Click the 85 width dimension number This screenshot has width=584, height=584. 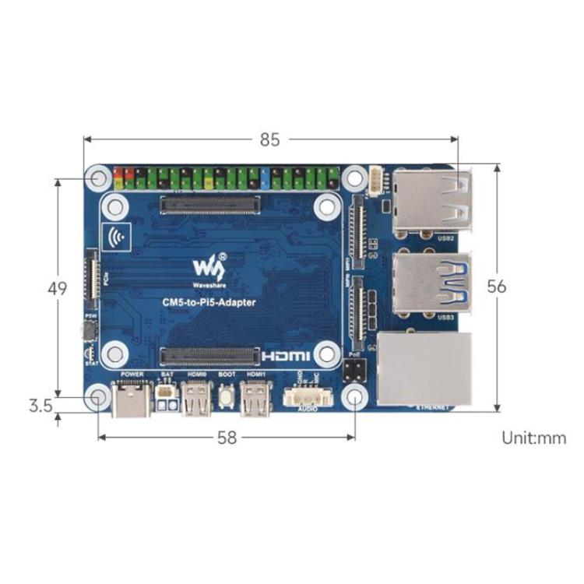(x=269, y=141)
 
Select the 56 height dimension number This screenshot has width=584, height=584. (x=496, y=286)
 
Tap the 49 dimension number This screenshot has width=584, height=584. (x=57, y=289)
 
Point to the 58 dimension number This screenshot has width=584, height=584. (x=227, y=438)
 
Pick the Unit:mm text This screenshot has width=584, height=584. (x=533, y=438)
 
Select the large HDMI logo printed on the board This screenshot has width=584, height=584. (x=287, y=356)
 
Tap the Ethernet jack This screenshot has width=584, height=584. (x=424, y=368)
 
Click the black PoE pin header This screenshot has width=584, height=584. (x=353, y=368)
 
